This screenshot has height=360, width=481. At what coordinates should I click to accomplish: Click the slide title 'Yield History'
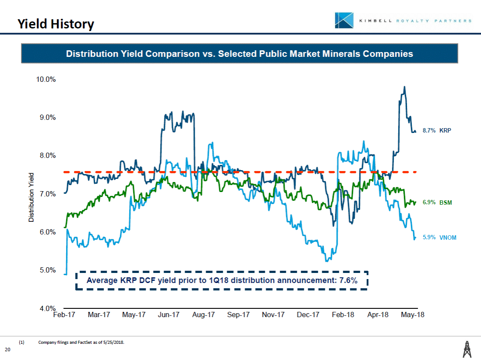56,24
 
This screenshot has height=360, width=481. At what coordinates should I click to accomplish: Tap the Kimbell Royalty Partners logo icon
344,21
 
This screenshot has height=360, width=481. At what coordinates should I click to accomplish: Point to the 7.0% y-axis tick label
46,194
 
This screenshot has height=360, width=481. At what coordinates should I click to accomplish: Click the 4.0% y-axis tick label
46,308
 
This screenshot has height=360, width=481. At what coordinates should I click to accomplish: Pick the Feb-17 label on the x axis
64,315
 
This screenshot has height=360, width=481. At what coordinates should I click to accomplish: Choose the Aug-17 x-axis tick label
204,315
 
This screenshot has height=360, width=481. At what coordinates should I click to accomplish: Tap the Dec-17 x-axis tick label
308,315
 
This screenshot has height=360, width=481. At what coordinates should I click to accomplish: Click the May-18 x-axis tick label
413,315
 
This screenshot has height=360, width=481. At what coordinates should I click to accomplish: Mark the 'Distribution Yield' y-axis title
32,197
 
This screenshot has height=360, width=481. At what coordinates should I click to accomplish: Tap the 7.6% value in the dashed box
348,280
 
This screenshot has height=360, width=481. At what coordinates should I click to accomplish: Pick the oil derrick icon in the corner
467,349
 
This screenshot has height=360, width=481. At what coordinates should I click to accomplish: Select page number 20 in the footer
7,349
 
